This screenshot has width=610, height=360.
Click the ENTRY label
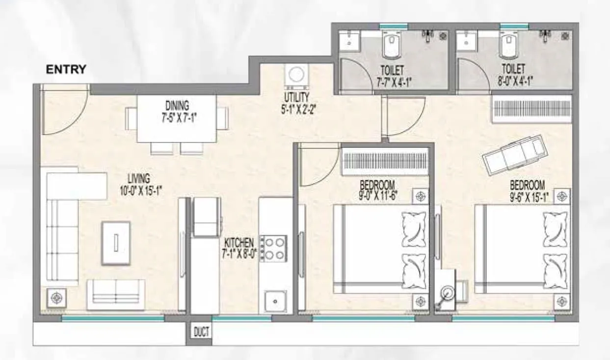click(x=66, y=69)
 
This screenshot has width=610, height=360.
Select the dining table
click(x=176, y=118)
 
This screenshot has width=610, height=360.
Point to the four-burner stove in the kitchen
click(x=273, y=248)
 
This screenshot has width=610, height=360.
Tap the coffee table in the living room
click(x=116, y=243)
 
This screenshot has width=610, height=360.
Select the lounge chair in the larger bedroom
click(x=513, y=153)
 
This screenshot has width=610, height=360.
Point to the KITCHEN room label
click(x=239, y=243)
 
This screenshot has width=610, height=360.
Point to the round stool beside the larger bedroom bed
click(x=447, y=296)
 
